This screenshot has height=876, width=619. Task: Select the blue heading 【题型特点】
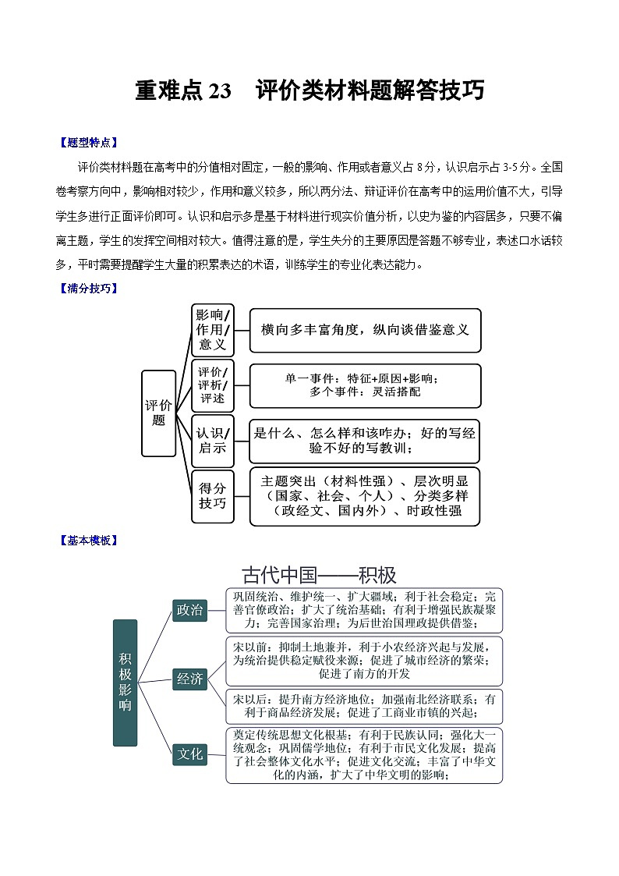[x=88, y=143]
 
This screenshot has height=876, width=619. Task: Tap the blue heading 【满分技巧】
[x=88, y=288]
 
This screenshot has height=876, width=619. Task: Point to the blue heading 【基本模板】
[x=88, y=540]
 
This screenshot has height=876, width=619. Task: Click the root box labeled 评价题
[x=158, y=413]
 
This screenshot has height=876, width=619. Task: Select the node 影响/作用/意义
[x=212, y=329]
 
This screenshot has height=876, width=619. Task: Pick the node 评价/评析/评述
[x=212, y=385]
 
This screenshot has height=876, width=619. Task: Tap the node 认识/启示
[x=212, y=440]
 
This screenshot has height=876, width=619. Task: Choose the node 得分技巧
[x=212, y=495]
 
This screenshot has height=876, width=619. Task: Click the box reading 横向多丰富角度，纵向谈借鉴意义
[x=365, y=330]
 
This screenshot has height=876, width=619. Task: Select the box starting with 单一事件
[x=365, y=385]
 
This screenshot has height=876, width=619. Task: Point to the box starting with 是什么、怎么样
[x=365, y=441]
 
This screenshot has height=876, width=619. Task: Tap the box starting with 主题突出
[x=365, y=496]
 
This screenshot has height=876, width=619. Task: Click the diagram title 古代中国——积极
[x=319, y=576]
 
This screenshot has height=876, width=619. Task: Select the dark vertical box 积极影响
[x=125, y=683]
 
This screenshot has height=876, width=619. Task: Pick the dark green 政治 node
[x=189, y=610]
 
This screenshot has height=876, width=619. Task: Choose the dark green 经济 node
[x=189, y=679]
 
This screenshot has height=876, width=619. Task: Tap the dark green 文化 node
[x=189, y=754]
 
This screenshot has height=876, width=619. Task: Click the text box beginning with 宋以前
[x=365, y=660]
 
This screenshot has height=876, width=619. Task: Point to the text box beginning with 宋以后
[x=365, y=706]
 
